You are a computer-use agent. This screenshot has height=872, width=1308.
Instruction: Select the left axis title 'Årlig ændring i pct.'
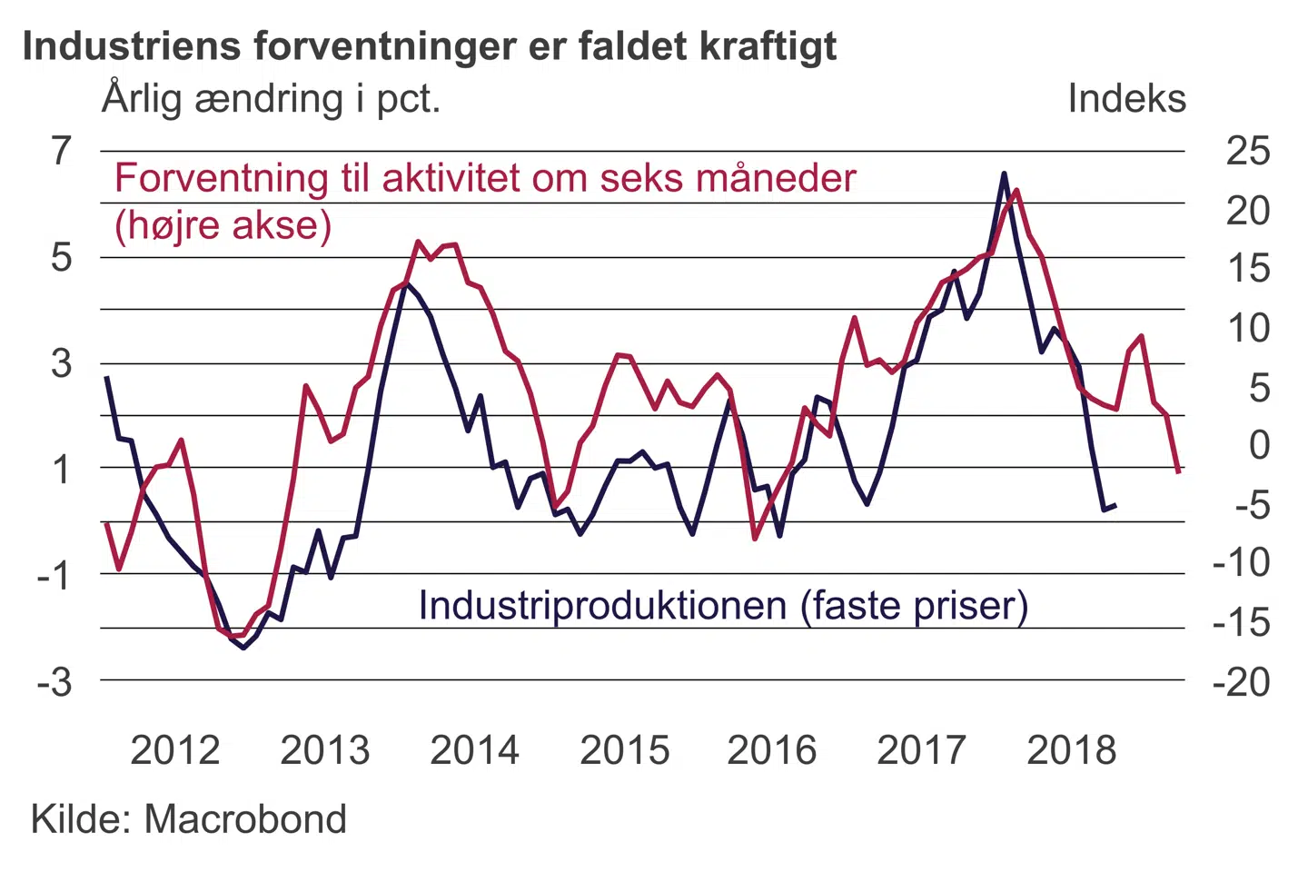[271, 98]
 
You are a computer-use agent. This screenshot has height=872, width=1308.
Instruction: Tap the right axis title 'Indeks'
[1126, 98]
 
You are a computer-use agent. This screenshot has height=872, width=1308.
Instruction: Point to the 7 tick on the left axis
[61, 151]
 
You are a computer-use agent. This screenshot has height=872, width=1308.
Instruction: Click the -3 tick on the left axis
[54, 681]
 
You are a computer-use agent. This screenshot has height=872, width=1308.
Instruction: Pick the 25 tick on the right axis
[1248, 151]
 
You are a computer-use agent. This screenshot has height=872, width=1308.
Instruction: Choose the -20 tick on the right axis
[1242, 681]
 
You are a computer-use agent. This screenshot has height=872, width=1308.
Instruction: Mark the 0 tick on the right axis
[1259, 445]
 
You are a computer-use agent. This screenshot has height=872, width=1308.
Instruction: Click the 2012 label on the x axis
[175, 750]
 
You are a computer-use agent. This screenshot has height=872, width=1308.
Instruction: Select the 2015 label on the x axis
[624, 750]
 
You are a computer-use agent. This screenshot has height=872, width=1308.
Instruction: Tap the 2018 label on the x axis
[1072, 750]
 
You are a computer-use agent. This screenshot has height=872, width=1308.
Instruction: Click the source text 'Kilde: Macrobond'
[189, 819]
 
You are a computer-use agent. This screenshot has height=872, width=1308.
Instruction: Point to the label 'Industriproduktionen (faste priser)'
[723, 606]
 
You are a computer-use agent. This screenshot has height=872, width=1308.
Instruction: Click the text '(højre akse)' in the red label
[223, 224]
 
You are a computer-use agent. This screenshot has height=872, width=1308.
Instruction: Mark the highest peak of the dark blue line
[1004, 173]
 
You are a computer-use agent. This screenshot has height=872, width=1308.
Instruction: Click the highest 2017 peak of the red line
[1016, 190]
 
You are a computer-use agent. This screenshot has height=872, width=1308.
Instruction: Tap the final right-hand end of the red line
[1178, 471]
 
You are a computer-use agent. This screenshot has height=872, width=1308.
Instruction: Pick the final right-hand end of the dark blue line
[1115, 505]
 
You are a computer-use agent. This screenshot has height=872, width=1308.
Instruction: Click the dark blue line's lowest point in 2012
[243, 648]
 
